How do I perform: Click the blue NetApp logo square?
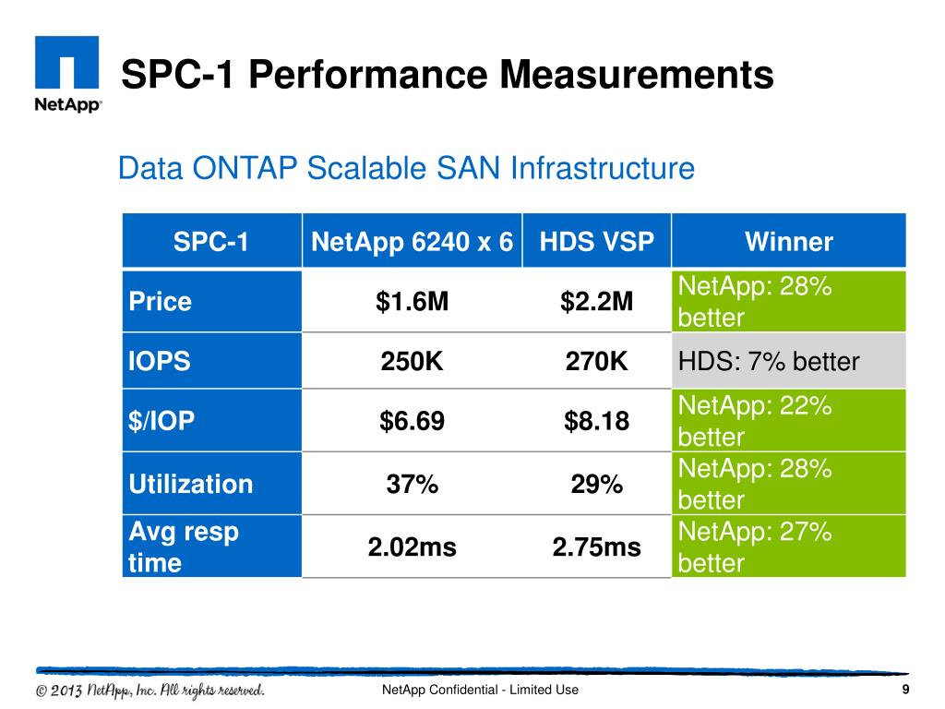click(x=66, y=62)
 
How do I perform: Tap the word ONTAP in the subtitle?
click(x=245, y=168)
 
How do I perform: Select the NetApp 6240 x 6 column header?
click(x=412, y=242)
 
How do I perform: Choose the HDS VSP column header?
click(x=597, y=242)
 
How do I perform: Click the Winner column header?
click(x=789, y=242)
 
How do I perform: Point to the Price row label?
click(x=161, y=302)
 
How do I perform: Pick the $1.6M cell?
click(x=413, y=302)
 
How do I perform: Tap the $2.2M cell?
click(x=597, y=302)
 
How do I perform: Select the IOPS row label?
click(x=159, y=361)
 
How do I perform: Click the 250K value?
click(x=413, y=361)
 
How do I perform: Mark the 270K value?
click(x=597, y=361)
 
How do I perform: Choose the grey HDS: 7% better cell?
click(x=789, y=361)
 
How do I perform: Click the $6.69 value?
click(x=413, y=421)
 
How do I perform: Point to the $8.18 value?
click(x=597, y=421)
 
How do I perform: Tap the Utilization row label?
click(x=191, y=484)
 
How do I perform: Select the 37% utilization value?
click(x=413, y=484)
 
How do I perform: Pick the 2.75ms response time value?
click(x=597, y=547)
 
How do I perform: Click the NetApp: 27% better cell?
click(x=789, y=547)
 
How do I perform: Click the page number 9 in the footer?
click(x=905, y=689)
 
